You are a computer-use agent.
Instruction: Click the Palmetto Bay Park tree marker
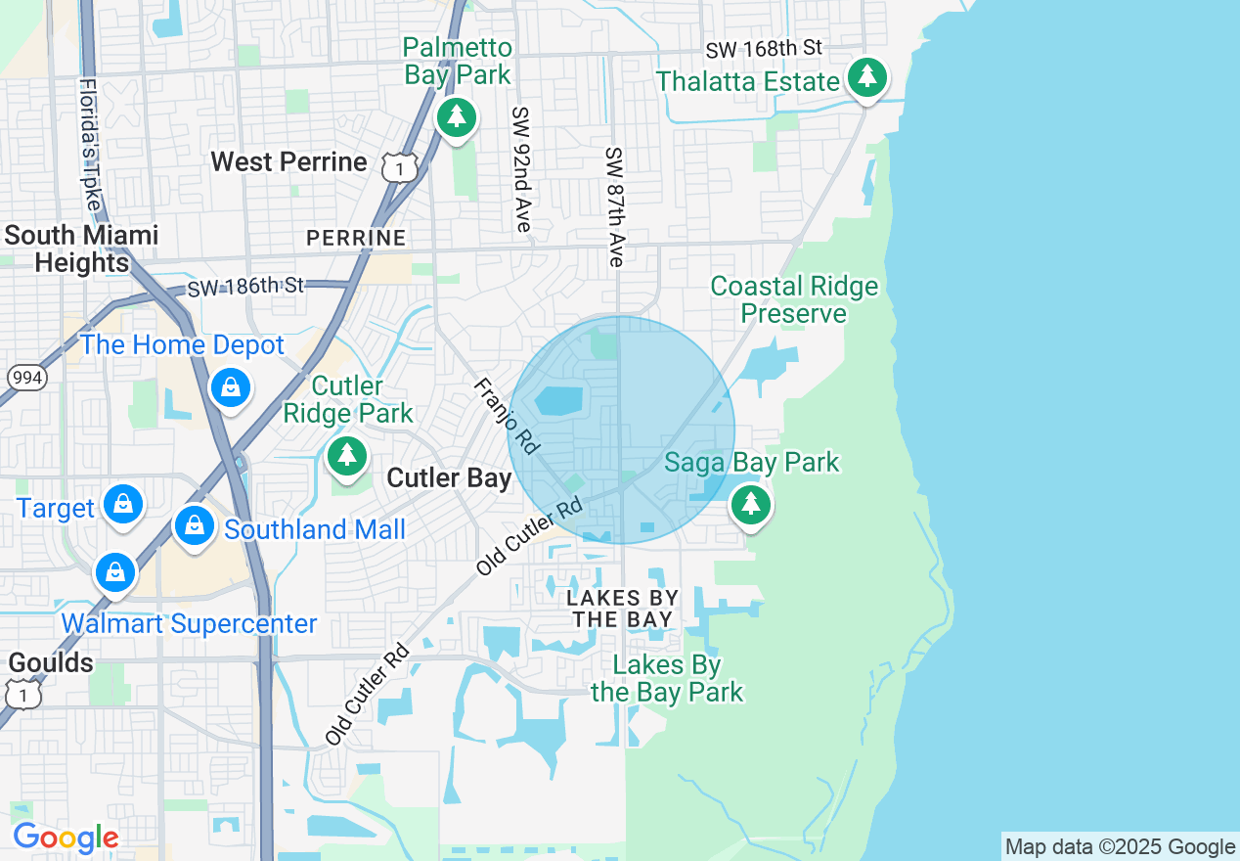[456, 117]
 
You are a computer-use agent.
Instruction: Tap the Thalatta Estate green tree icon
[865, 77]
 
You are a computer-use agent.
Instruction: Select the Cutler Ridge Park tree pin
[346, 455]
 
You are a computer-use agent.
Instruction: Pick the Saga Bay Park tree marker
[750, 504]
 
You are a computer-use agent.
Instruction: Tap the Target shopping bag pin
[123, 505]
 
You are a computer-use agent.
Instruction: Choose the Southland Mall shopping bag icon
[195, 527]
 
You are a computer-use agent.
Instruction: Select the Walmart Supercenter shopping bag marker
[115, 572]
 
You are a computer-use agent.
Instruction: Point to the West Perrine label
[289, 161]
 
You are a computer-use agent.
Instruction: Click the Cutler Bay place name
[449, 477]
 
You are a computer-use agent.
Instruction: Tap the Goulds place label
[51, 662]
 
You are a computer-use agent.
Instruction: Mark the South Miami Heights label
[81, 249]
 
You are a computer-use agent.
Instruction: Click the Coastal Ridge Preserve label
[794, 299]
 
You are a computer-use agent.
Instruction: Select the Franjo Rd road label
[507, 416]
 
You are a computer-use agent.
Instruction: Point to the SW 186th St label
[245, 287]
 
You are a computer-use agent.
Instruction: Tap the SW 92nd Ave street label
[521, 169]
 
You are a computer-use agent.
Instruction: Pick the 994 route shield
[26, 378]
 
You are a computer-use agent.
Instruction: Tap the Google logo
[66, 838]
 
